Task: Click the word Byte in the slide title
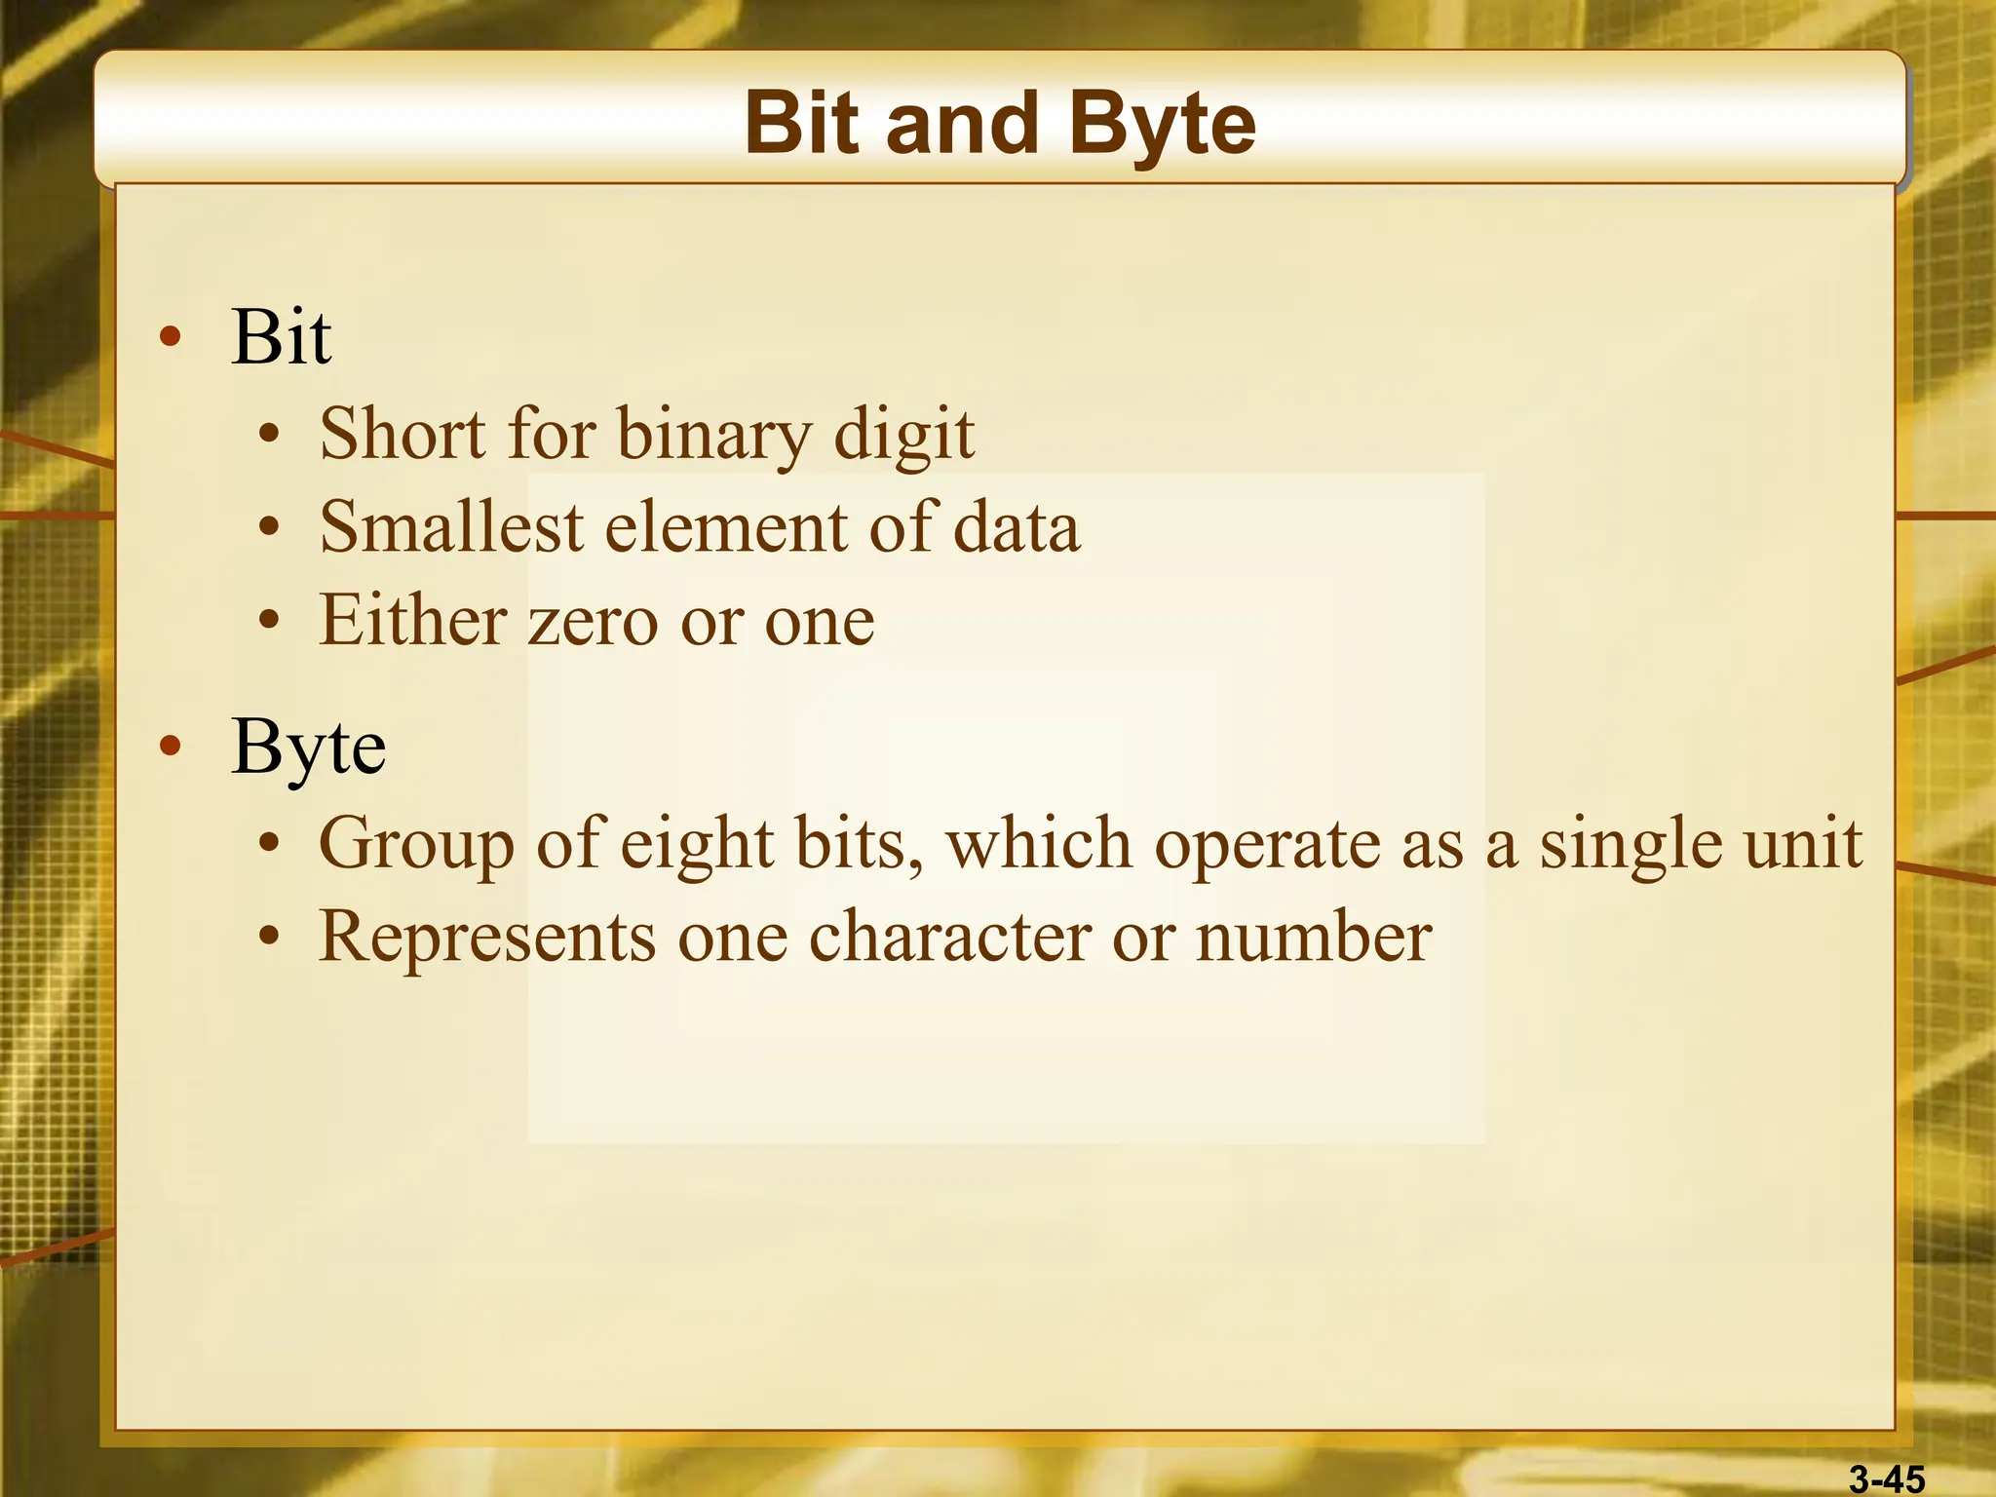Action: [1162, 125]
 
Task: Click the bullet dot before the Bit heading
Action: [171, 337]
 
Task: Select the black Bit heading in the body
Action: [281, 337]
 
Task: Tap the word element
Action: [725, 527]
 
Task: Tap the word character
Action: [949, 936]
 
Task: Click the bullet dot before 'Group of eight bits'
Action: [270, 844]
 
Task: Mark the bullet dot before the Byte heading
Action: [171, 748]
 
